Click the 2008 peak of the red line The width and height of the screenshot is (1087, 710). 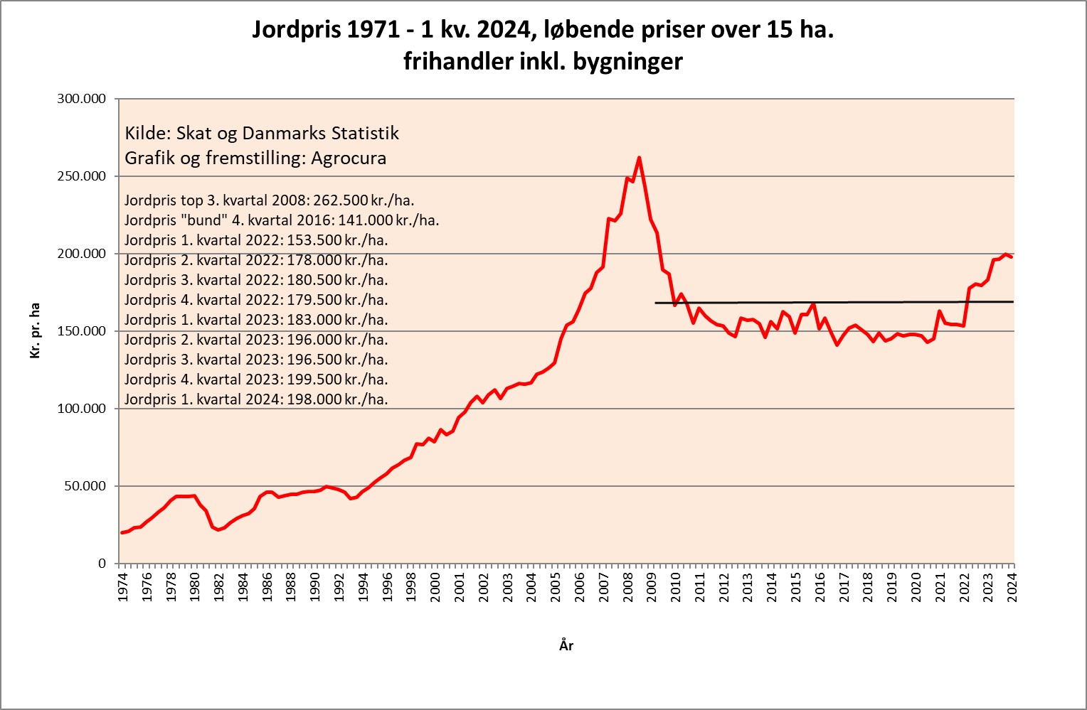[639, 158]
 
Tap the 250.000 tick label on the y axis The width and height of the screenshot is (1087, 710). [81, 176]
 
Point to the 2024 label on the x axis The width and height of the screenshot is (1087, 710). [1012, 587]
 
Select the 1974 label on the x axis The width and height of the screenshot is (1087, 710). [122, 587]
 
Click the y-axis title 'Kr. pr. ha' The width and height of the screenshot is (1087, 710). [35, 330]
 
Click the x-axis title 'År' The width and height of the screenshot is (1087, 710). [566, 645]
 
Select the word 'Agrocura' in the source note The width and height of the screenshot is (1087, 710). [349, 158]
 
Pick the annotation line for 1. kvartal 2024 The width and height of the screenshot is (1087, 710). [256, 399]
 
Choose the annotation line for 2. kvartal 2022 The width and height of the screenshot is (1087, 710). [256, 260]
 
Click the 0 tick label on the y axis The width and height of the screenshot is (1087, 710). [102, 564]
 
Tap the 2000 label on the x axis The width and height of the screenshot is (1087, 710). [435, 587]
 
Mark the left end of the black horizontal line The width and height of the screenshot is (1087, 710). [656, 303]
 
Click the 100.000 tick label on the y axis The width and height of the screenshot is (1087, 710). [81, 409]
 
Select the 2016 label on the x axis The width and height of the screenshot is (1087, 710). [820, 587]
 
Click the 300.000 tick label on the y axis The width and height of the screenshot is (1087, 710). [81, 99]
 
